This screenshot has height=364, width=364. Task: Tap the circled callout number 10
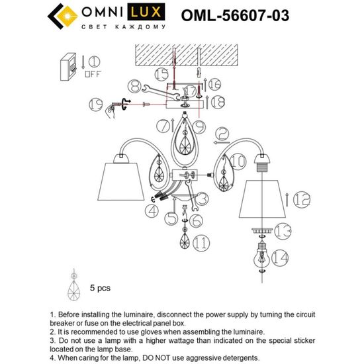tap(240, 160)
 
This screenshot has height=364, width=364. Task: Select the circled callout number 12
tap(301, 197)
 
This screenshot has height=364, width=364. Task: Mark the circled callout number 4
tap(152, 211)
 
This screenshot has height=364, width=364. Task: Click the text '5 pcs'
tap(99, 289)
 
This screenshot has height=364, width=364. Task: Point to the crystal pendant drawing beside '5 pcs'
tap(73, 286)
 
